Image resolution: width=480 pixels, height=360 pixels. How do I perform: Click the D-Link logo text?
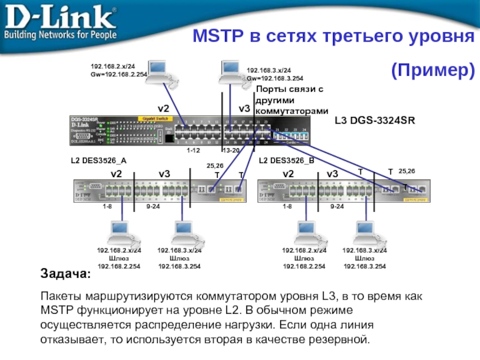point(60,17)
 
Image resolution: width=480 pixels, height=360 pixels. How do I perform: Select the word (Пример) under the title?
point(432,71)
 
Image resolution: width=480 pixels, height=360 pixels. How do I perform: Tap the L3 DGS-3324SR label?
point(374,121)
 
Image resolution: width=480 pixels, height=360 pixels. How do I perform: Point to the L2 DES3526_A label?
point(98,161)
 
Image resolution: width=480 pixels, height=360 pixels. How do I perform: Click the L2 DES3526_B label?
point(286,161)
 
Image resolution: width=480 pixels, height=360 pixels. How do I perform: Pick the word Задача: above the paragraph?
point(66,274)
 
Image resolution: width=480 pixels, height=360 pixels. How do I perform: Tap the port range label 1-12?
point(193,150)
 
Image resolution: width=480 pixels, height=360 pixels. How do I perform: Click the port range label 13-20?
point(230,150)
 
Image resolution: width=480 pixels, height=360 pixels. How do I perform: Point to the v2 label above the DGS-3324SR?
point(164,108)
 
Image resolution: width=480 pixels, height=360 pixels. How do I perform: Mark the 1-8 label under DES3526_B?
point(287,206)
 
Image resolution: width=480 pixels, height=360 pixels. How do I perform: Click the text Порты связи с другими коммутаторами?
point(292,100)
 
